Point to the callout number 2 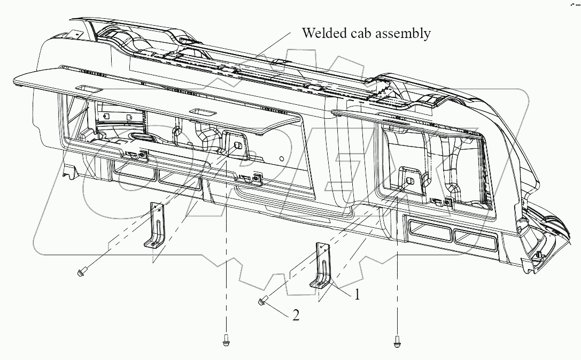tap(296, 316)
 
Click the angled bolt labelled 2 tap(262, 301)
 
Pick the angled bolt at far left tap(81, 273)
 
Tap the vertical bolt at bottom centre tap(226, 339)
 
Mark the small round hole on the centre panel tap(282, 158)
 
